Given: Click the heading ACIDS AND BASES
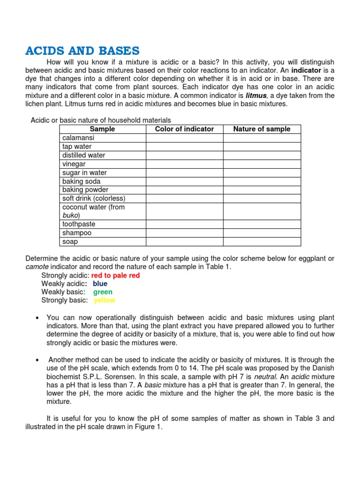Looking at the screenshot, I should tap(82, 51).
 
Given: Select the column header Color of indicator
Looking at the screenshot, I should tap(184, 129).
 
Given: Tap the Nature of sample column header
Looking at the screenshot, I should tap(262, 129).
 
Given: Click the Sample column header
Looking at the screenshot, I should tap(102, 129).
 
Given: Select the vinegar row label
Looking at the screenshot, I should tap(74, 164).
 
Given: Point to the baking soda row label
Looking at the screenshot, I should tap(81, 181).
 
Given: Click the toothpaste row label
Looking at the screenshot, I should tap(79, 225).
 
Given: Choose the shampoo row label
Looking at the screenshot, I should tap(77, 233).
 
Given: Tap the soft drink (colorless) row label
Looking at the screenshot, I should tap(93, 198).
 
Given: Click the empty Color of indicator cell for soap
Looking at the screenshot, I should tap(184, 242).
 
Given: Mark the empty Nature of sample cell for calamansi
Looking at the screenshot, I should tap(262, 138).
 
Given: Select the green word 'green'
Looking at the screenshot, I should tap(103, 292).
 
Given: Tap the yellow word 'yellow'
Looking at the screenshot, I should tap(104, 300).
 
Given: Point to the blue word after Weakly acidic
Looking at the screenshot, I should tap(100, 284).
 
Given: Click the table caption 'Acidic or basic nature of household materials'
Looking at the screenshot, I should tap(101, 120).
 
